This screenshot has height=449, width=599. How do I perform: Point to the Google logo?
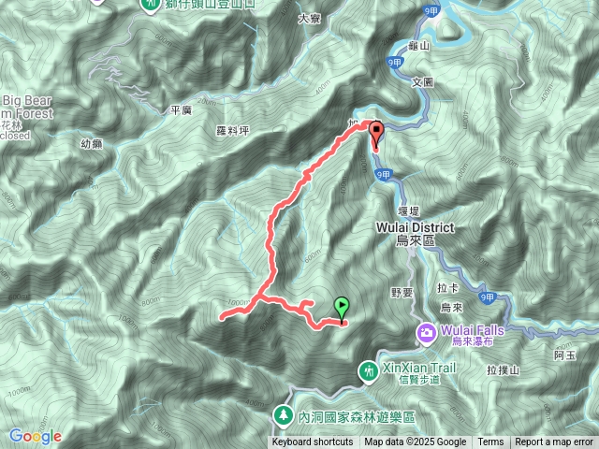[35, 436]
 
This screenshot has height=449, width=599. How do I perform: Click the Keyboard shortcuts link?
[313, 442]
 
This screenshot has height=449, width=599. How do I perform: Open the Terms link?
[490, 442]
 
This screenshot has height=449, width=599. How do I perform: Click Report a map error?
[556, 442]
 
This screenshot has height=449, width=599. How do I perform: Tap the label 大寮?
[309, 17]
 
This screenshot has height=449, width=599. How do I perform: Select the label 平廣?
[181, 109]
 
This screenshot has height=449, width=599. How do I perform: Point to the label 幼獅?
[91, 143]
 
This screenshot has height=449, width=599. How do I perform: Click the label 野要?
[401, 293]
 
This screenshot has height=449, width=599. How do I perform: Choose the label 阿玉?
[563, 355]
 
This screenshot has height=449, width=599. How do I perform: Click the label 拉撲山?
[501, 370]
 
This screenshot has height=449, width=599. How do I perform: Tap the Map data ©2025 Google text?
[416, 442]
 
